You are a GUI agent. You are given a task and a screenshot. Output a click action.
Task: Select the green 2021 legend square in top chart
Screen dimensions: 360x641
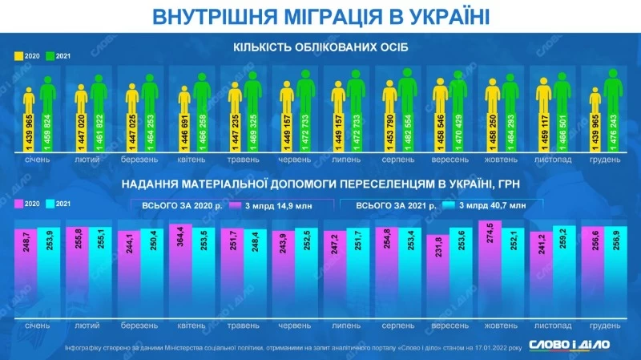tap(50, 56)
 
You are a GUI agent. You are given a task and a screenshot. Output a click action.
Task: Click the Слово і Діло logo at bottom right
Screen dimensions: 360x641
tap(579, 343)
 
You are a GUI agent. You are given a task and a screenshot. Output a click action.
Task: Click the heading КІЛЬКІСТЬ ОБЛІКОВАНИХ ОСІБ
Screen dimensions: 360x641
tap(320, 47)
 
